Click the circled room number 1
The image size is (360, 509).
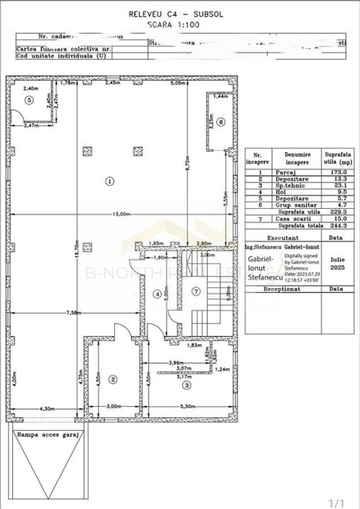tap(110, 181)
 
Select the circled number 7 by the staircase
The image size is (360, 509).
tap(196, 291)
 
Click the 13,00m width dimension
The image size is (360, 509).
tap(121, 214)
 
